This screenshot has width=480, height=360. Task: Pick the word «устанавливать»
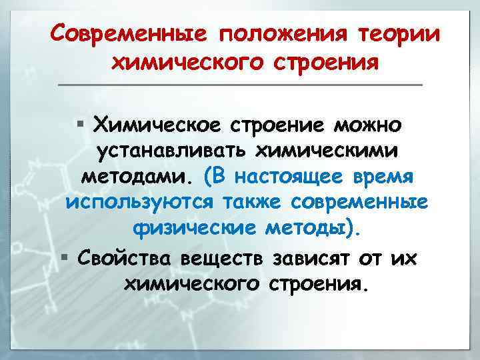tap(167, 151)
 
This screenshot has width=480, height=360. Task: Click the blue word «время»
tap(386, 178)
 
